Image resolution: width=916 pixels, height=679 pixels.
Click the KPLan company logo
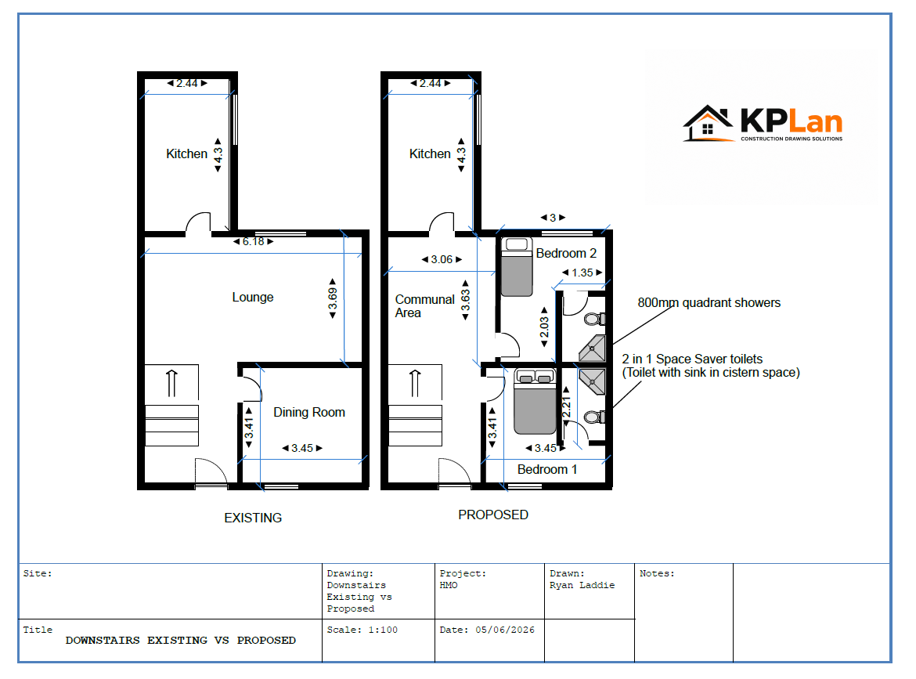(763, 123)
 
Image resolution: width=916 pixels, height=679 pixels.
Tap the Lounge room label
(252, 297)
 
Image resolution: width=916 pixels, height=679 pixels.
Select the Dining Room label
(309, 412)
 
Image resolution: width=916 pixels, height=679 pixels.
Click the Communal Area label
(424, 305)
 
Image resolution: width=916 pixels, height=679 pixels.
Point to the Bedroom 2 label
(566, 253)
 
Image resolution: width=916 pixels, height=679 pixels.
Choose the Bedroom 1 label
(546, 469)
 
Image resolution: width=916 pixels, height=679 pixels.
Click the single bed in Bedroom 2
(517, 267)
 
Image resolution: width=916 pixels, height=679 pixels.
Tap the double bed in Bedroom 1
(535, 402)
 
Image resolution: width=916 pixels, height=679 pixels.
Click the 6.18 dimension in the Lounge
(253, 241)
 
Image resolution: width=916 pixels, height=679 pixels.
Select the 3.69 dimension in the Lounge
(333, 298)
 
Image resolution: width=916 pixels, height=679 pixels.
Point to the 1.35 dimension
(582, 273)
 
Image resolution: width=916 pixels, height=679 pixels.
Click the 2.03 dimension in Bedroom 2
(544, 327)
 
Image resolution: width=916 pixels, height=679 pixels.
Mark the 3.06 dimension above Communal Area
(442, 259)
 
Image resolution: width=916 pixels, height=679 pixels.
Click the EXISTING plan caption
(253, 518)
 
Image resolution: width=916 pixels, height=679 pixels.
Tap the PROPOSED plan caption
(493, 515)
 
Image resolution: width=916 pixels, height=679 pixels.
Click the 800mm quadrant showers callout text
(709, 302)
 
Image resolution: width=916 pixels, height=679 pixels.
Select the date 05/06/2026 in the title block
(505, 630)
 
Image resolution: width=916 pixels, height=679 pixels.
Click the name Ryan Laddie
(582, 586)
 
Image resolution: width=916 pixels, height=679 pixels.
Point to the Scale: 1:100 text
(362, 630)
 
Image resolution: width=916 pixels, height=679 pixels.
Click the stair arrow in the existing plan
(171, 383)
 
